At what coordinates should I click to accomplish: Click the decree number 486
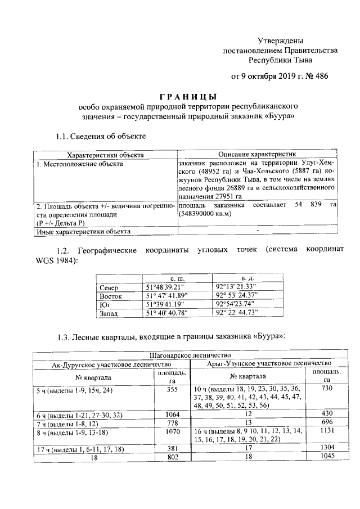pos(319,75)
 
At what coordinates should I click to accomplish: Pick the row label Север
pos(108,288)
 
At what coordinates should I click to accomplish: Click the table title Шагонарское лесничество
pos(190,355)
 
